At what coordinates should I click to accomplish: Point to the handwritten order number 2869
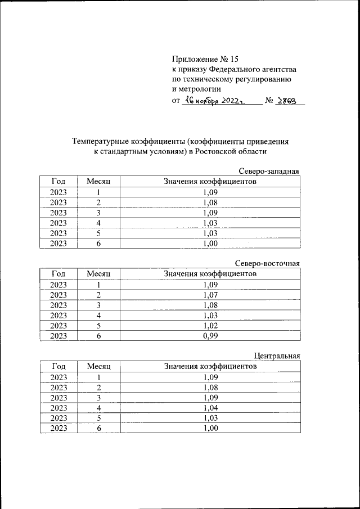tap(287, 101)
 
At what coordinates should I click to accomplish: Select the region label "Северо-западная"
tap(269, 171)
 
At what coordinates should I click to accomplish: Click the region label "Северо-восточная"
tap(267, 263)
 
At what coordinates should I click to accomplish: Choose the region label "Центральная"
tap(277, 356)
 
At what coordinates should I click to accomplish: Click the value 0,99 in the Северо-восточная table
tap(210, 336)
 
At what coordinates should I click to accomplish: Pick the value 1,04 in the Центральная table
tap(210, 408)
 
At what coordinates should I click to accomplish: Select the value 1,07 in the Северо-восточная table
tap(210, 295)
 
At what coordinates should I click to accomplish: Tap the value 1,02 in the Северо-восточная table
tap(210, 326)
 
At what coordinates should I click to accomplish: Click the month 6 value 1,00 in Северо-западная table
tap(210, 244)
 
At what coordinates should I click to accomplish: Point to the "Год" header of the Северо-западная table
tap(58, 182)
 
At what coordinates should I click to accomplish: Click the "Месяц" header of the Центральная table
tap(98, 367)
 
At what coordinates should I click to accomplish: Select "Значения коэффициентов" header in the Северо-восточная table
tap(210, 274)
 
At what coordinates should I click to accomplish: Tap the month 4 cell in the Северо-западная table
tap(98, 223)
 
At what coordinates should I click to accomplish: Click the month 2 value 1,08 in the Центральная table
tap(210, 388)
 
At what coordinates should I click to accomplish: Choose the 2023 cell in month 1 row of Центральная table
tap(58, 377)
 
